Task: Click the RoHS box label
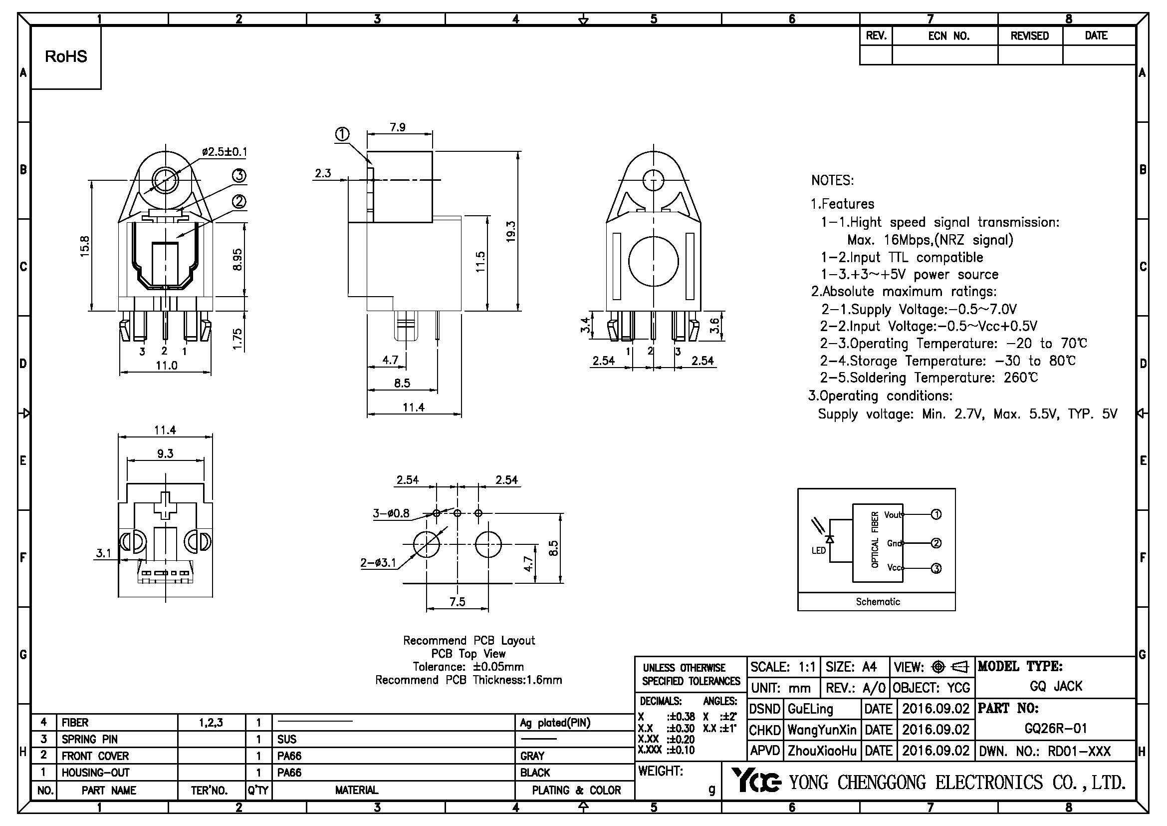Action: click(66, 56)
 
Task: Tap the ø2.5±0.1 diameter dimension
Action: click(224, 152)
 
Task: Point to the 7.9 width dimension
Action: click(398, 127)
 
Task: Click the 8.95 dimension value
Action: click(237, 259)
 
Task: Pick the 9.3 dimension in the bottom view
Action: click(165, 453)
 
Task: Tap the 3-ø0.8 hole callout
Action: click(391, 513)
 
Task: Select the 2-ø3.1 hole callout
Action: click(378, 562)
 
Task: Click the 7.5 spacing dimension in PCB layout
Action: click(457, 602)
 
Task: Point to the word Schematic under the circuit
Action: click(878, 602)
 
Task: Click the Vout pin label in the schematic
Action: click(893, 515)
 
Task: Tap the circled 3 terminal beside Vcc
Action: click(935, 568)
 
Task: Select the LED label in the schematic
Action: click(818, 550)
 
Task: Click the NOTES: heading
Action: click(833, 181)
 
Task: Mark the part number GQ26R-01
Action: click(1055, 728)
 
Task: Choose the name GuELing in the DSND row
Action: click(810, 709)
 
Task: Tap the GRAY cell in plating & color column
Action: click(532, 756)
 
